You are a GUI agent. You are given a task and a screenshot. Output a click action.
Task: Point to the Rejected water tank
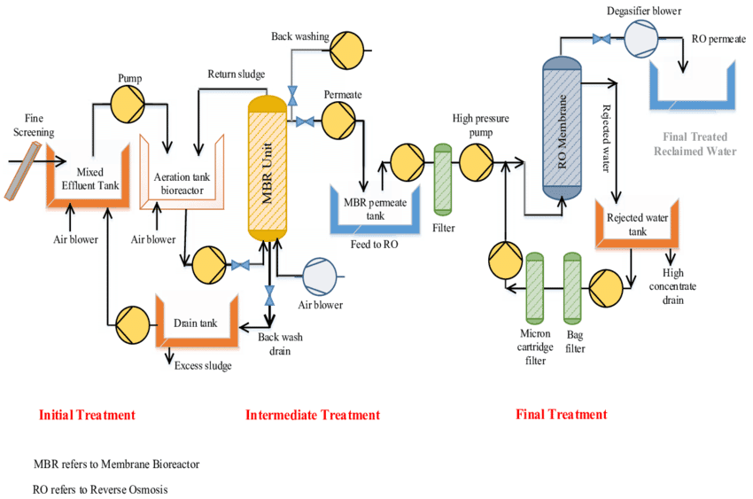point(638,226)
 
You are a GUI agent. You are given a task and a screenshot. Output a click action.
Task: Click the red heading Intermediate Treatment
point(312,415)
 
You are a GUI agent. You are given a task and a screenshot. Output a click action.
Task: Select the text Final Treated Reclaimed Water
point(695,144)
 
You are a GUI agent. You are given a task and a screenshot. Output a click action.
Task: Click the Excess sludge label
point(203,364)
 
